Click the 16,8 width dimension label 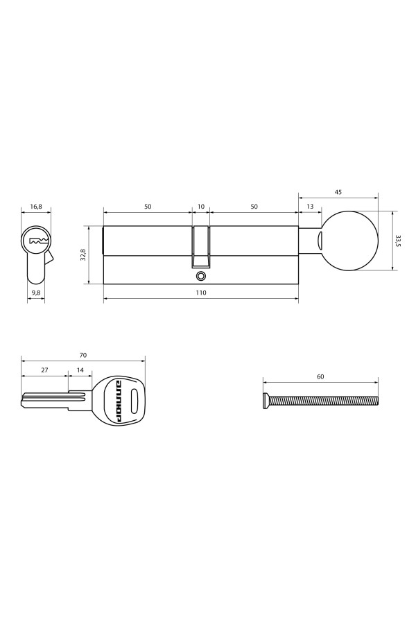(x=36, y=207)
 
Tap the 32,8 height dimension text (x=83, y=254)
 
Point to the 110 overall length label (x=201, y=293)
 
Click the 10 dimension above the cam (x=201, y=207)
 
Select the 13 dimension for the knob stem (x=309, y=207)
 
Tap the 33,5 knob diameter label (x=398, y=241)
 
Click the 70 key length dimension (x=83, y=354)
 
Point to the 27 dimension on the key (x=44, y=370)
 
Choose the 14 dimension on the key (x=80, y=370)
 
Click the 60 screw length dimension (x=320, y=376)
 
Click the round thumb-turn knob (x=351, y=241)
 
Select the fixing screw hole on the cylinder (x=201, y=276)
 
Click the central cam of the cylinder (x=201, y=246)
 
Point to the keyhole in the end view (x=37, y=242)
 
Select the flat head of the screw (x=266, y=400)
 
